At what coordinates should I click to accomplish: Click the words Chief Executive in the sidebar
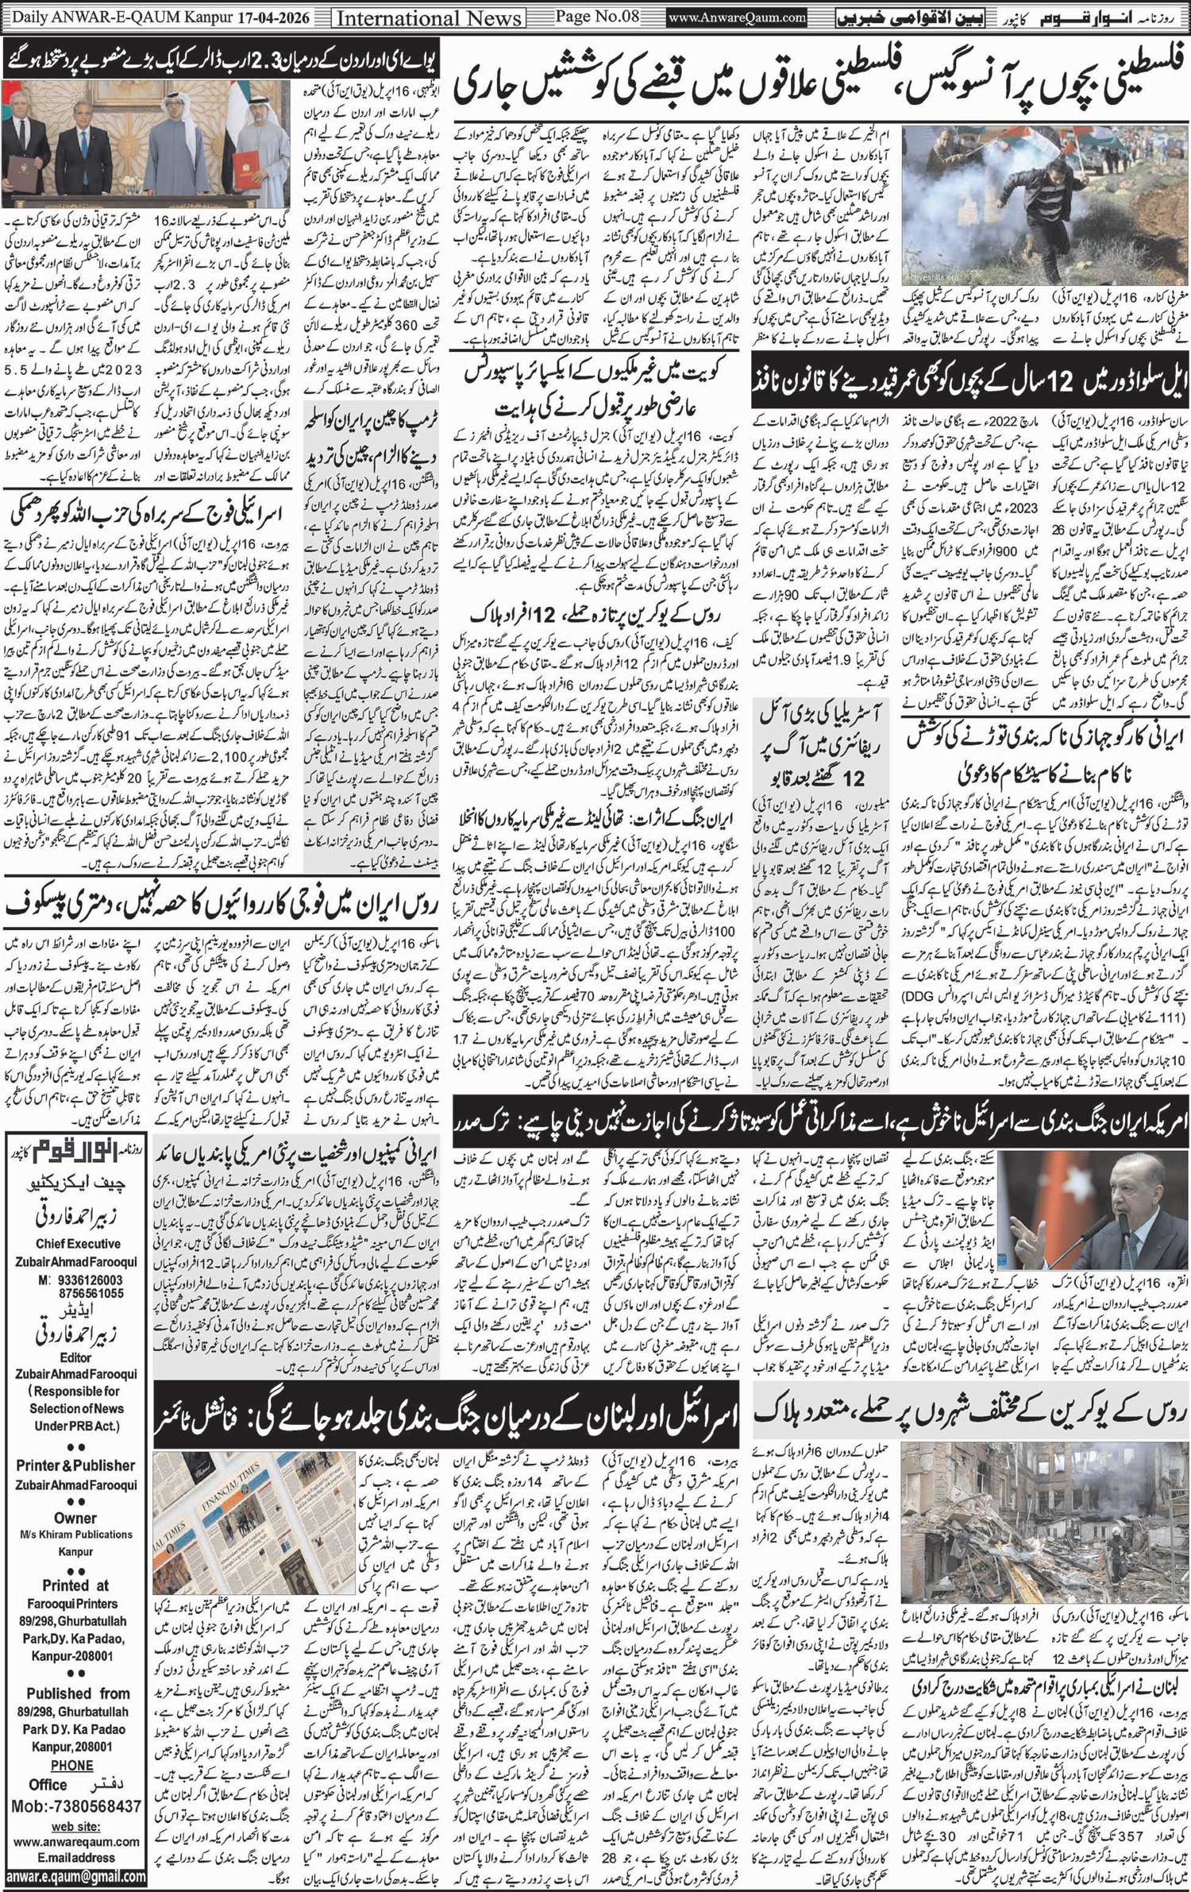[x=78, y=1244]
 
